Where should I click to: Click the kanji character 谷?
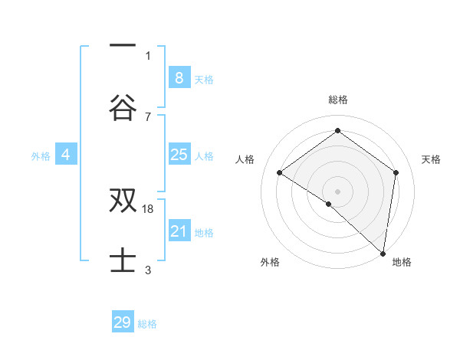tap(123, 107)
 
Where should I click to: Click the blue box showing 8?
tap(179, 77)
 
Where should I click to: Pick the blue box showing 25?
tap(179, 155)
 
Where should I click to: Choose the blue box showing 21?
tap(179, 231)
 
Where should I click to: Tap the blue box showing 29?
tap(123, 322)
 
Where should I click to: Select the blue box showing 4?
tap(66, 155)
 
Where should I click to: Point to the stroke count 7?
tap(148, 116)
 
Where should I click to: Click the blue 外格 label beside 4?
tap(41, 156)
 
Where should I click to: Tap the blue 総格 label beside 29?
tap(147, 324)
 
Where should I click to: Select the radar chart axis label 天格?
tap(431, 159)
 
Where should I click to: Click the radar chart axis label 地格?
tap(402, 262)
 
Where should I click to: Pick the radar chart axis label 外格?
tap(270, 262)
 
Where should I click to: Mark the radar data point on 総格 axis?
tap(337, 131)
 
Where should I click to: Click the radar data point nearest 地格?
tap(383, 253)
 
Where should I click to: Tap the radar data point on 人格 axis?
tap(280, 172)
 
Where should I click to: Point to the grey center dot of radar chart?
tap(337, 190)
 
